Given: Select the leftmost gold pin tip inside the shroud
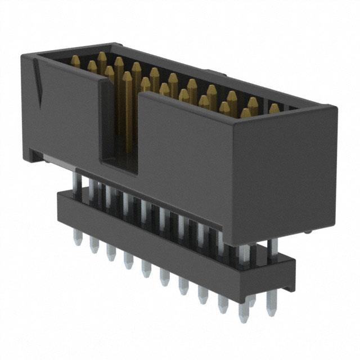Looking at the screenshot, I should click(75, 60).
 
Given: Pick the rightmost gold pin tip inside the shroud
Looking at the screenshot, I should click(274, 108).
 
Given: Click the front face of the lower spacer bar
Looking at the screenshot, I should click(169, 236).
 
